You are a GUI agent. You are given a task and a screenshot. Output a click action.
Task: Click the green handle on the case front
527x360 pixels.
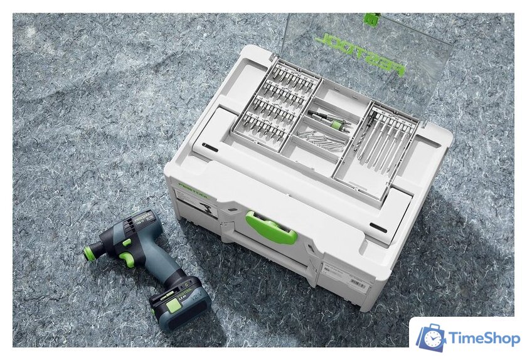point(272,228)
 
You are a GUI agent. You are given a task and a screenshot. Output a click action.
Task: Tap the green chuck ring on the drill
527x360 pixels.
point(92,253)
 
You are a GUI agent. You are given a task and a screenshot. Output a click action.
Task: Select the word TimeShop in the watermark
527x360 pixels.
point(484,339)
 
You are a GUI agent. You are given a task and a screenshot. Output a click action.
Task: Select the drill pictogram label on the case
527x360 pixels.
point(205,210)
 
